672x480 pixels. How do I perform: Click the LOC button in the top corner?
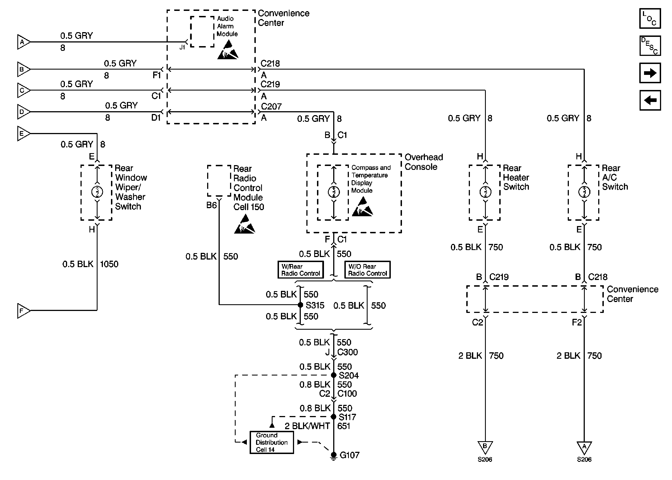(x=650, y=19)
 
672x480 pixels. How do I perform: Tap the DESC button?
(x=650, y=46)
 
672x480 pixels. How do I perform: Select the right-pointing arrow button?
(x=650, y=73)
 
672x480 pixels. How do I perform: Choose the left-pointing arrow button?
(x=650, y=101)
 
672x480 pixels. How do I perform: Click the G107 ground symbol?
(x=333, y=455)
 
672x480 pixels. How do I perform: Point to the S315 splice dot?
(x=300, y=305)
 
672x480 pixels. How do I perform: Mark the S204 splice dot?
(x=333, y=375)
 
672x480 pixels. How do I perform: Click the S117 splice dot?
(x=333, y=417)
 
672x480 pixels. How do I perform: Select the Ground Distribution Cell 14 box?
(x=271, y=443)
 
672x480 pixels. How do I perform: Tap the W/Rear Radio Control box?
(x=300, y=270)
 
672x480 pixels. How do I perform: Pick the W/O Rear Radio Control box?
(x=367, y=270)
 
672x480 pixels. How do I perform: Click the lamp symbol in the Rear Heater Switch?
(x=485, y=192)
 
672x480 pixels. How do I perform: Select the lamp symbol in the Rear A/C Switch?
(x=584, y=192)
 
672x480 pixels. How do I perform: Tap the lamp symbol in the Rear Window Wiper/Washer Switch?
(x=97, y=192)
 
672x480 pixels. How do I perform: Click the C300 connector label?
(x=347, y=352)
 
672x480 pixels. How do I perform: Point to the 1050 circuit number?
(x=109, y=264)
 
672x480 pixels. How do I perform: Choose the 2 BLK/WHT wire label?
(x=307, y=426)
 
